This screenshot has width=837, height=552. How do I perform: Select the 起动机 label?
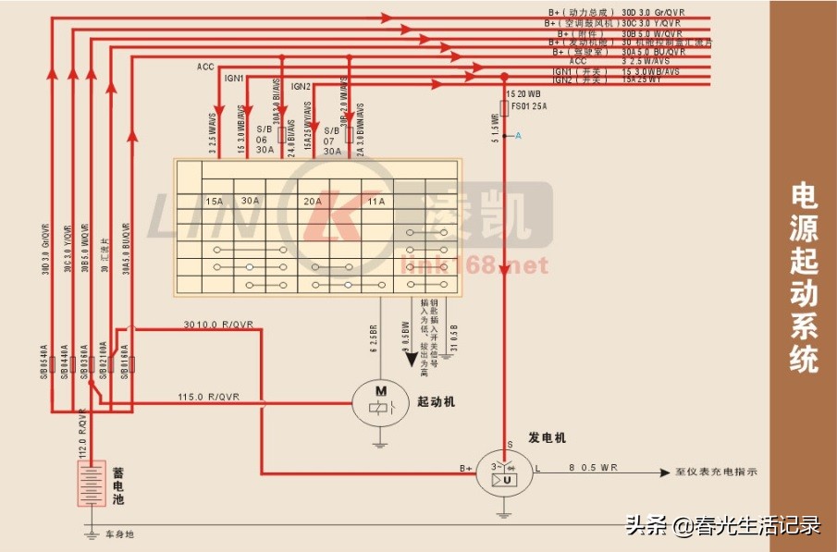[x=437, y=402]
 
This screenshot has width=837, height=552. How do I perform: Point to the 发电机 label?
[x=547, y=436]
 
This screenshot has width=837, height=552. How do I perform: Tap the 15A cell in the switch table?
[x=214, y=201]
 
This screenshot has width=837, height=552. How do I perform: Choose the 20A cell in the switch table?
[x=313, y=201]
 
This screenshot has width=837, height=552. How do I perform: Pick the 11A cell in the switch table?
[x=375, y=201]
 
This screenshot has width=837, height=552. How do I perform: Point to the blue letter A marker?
[x=518, y=136]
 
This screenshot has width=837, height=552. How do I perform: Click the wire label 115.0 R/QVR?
[x=208, y=398]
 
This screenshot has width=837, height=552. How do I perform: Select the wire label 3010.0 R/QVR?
[x=218, y=325]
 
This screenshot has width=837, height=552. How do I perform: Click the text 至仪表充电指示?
[x=717, y=472]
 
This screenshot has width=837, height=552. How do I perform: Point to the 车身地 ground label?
[x=119, y=534]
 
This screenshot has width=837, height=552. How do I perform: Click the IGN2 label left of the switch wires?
[x=301, y=86]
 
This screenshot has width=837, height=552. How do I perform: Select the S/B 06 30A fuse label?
[x=265, y=139]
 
